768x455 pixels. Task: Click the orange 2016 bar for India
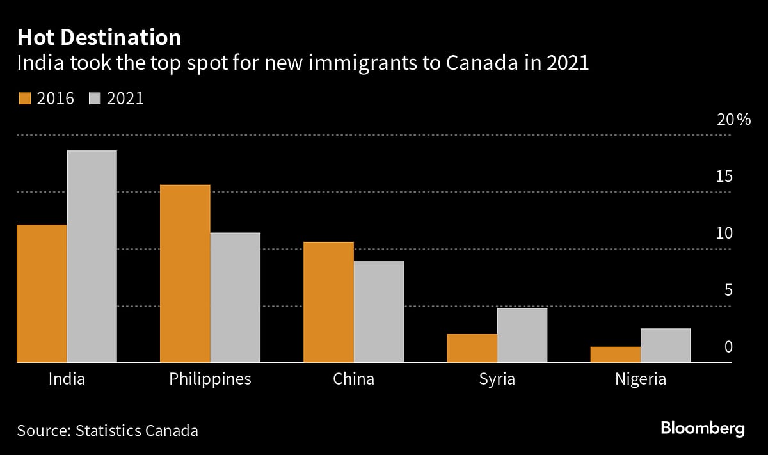(42, 294)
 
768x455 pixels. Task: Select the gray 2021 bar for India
(92, 257)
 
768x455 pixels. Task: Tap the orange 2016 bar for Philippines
(185, 274)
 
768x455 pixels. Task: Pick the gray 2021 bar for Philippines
(236, 298)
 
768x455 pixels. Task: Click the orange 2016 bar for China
(328, 302)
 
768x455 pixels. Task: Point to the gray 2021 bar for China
(379, 312)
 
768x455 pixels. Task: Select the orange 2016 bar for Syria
(472, 348)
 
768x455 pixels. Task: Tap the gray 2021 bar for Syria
(522, 335)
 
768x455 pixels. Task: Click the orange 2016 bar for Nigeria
(615, 355)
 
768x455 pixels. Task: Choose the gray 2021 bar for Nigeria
(666, 346)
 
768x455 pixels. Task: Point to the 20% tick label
(733, 120)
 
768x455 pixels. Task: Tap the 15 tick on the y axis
(723, 177)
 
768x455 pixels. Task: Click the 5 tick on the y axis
(728, 291)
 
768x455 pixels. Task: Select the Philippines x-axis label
(210, 379)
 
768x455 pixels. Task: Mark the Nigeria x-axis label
(640, 379)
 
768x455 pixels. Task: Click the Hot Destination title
(99, 38)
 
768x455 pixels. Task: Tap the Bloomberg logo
(702, 429)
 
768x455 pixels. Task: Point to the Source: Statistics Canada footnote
(108, 430)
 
